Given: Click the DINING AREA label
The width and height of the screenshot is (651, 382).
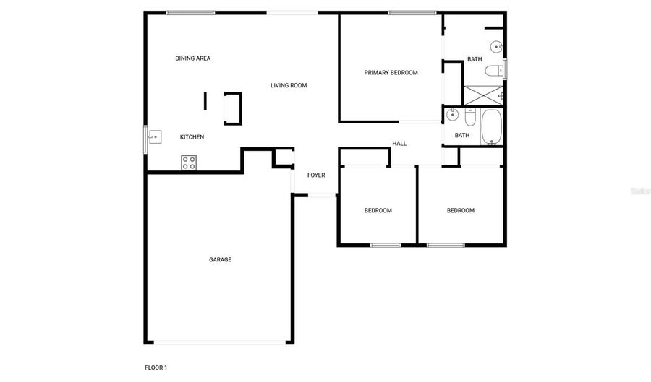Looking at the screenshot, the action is pos(192,58).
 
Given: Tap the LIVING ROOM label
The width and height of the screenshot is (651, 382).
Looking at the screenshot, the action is pos(289,85).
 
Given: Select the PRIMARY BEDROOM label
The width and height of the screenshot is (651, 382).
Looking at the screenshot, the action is pos(391,72).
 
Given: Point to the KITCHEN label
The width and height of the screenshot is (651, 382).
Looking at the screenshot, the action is pos(192,136).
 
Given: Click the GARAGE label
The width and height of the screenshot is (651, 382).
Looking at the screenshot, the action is pos(220,259).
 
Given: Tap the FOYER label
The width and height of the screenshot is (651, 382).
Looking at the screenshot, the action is pos(316,175).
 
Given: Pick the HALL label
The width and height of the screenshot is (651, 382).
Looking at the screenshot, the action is pos(399,144).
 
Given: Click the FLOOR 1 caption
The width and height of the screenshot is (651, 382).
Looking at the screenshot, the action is pos(156,368).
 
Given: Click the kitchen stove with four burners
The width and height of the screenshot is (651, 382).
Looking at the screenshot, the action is pos(189,162).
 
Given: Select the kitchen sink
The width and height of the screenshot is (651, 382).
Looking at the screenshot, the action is pos(155,136).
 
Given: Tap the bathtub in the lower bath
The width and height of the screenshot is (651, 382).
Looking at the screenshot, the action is pos(492,127).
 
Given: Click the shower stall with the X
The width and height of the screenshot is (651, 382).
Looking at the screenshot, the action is pos(483,95).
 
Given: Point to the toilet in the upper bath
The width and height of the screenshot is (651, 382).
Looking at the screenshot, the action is pos(493,71).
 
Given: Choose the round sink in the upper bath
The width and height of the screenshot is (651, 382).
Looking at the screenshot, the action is pos(496,47).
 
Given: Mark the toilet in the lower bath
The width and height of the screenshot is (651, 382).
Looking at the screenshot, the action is pos(470,117).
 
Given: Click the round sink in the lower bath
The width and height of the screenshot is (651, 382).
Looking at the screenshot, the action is pos(452,114).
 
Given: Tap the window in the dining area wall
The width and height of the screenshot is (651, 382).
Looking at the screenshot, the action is pos(190,13).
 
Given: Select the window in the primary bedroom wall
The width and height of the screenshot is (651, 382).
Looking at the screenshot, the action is pos(412,13).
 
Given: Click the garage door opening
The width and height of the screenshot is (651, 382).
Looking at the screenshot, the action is pos(220,342).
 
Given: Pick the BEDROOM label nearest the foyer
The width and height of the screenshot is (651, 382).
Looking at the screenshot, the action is pos(378,210).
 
